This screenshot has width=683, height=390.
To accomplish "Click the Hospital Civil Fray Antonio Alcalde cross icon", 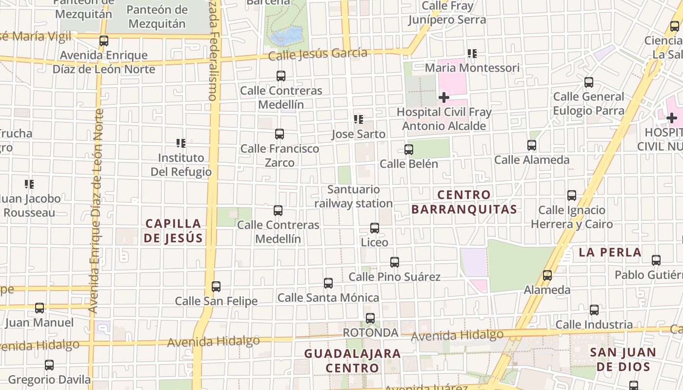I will (443, 97).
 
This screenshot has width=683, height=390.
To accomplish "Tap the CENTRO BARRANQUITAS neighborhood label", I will (464, 202).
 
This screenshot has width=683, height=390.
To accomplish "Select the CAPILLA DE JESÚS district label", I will (174, 231).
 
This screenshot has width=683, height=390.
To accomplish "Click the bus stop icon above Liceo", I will (375, 228).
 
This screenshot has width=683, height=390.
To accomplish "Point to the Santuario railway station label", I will (354, 196).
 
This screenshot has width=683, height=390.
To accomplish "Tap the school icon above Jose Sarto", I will (359, 119).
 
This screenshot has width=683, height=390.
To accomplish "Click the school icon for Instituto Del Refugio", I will (181, 143).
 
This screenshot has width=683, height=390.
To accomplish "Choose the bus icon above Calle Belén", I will (409, 149).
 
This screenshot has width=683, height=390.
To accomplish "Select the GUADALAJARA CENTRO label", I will (352, 360).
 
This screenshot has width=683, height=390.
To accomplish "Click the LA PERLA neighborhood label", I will (610, 252).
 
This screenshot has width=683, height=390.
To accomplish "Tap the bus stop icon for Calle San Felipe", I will (216, 287).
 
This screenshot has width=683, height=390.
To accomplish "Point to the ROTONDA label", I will (371, 332).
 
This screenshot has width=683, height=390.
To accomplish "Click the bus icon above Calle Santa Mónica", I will (328, 283).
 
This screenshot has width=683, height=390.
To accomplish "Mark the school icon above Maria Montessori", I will (472, 54).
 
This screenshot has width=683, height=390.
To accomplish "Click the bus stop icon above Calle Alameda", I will (532, 145).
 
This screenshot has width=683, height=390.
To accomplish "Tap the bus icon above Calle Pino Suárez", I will (395, 262).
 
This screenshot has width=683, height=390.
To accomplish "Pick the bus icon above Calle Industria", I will (594, 310).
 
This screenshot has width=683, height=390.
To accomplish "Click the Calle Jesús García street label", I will (318, 54).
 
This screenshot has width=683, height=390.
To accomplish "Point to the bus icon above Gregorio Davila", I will (49, 365).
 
